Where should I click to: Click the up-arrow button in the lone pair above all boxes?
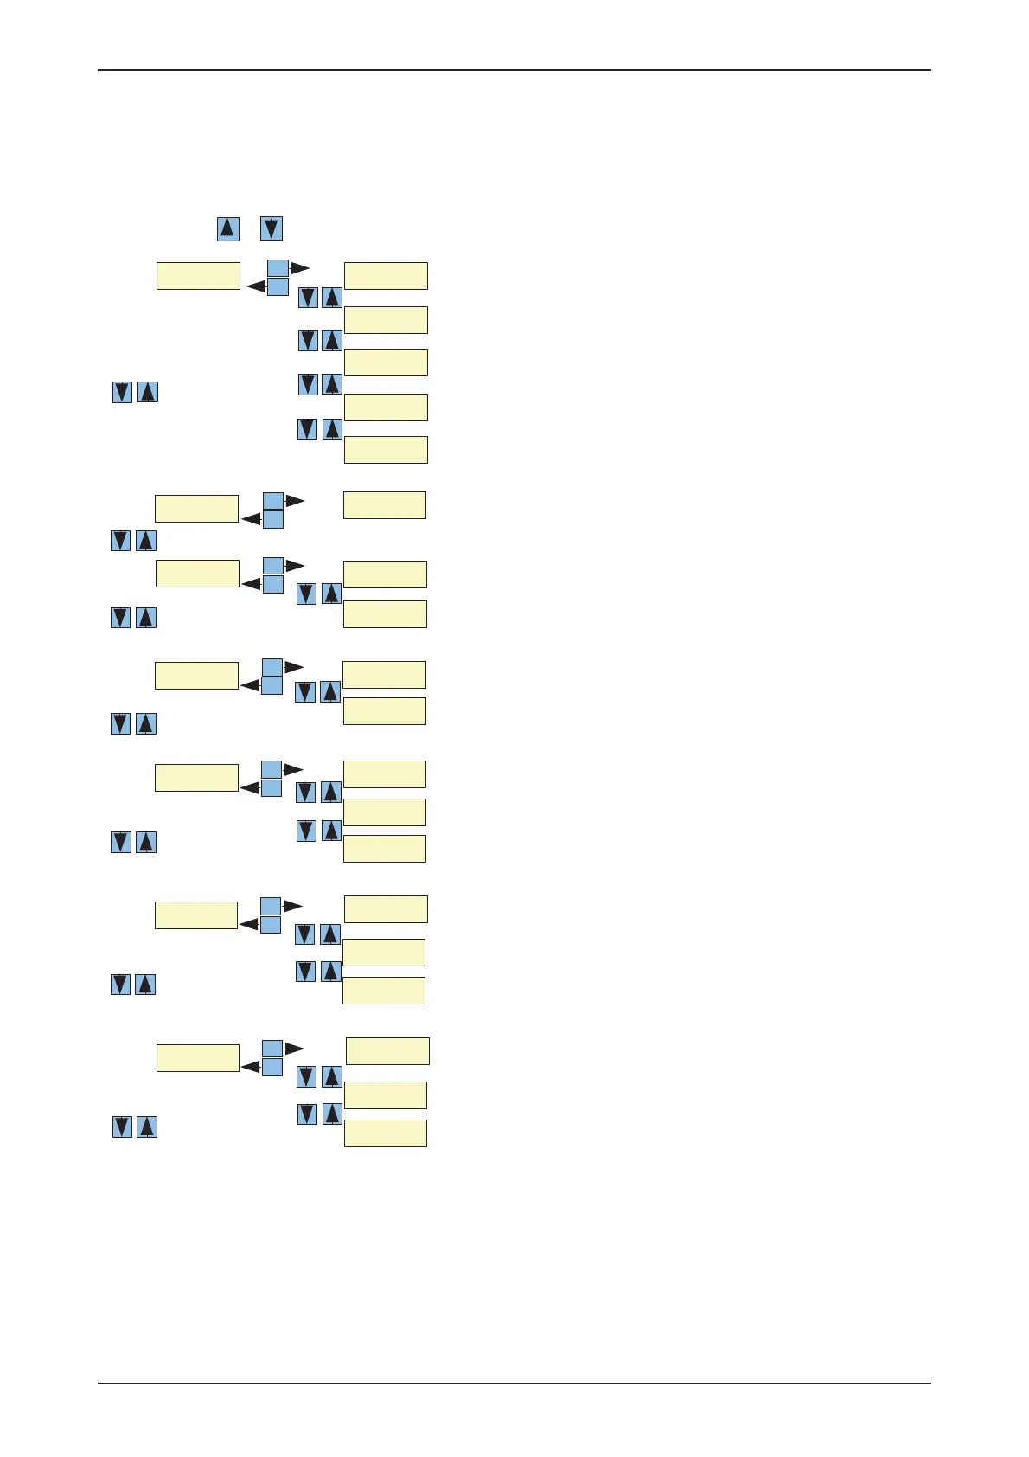pyautogui.click(x=227, y=229)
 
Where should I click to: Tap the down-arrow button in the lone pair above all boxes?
pyautogui.click(x=272, y=229)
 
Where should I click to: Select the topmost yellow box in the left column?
pyautogui.click(x=198, y=275)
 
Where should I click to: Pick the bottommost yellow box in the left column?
pyautogui.click(x=198, y=1057)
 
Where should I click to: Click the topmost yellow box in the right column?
pyautogui.click(x=386, y=275)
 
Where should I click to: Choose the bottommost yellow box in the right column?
pyautogui.click(x=386, y=1133)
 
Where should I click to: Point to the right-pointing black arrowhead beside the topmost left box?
pyautogui.click(x=300, y=267)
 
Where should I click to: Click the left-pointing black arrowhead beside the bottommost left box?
pyautogui.click(x=250, y=1068)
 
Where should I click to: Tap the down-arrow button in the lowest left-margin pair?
pyautogui.click(x=122, y=1126)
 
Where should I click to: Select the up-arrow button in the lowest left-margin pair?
pyautogui.click(x=147, y=1126)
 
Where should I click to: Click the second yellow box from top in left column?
pyautogui.click(x=196, y=508)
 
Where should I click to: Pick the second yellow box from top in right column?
pyautogui.click(x=386, y=319)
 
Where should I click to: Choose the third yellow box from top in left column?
pyautogui.click(x=197, y=573)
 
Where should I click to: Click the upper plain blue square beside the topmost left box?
pyautogui.click(x=278, y=267)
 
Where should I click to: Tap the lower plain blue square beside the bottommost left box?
pyautogui.click(x=272, y=1068)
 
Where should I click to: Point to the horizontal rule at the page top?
pyautogui.click(x=514, y=70)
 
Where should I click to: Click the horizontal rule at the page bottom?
pyautogui.click(x=514, y=1383)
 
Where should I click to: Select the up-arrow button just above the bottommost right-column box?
pyautogui.click(x=332, y=1114)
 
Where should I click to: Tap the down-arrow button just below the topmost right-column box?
pyautogui.click(x=308, y=298)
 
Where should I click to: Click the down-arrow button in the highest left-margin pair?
pyautogui.click(x=122, y=392)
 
